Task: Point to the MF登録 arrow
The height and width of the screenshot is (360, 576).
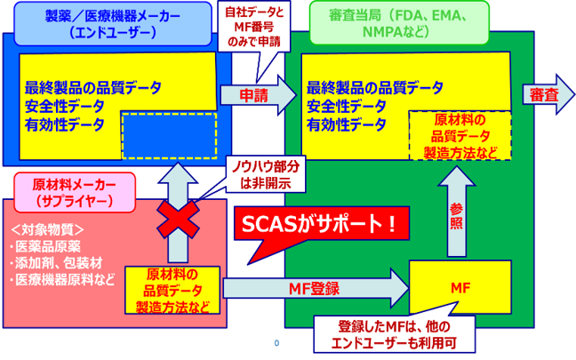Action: (x=316, y=289)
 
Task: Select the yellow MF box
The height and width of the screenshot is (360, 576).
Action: (x=459, y=289)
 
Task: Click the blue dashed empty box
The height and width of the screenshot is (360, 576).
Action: (x=167, y=132)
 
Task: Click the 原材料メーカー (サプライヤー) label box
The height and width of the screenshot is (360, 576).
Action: (x=74, y=191)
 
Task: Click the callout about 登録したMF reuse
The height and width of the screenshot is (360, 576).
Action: (x=396, y=334)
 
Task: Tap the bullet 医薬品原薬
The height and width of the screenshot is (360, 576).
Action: (x=45, y=245)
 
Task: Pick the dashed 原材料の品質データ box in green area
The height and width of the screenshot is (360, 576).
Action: (x=459, y=136)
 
